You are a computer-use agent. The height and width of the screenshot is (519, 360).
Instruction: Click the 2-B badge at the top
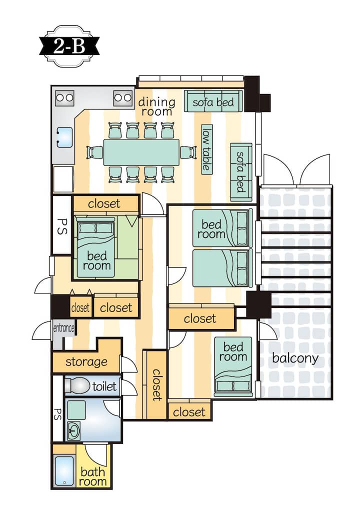tap(69, 46)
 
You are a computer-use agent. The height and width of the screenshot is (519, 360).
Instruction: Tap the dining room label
tap(156, 106)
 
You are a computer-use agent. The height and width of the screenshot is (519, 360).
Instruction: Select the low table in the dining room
tap(207, 149)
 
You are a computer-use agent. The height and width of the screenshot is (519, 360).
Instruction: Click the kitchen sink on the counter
tap(64, 137)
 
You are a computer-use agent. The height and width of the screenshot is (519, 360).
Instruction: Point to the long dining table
tap(141, 152)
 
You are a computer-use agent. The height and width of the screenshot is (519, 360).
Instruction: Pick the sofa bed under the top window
tap(213, 101)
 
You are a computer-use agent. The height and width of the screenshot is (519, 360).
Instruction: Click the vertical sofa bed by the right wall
tap(241, 172)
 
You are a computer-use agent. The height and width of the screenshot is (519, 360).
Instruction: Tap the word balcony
tap(295, 358)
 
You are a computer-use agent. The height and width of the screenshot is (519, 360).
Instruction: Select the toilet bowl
tap(77, 385)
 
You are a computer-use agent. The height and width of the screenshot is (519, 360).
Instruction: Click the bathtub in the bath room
tap(64, 471)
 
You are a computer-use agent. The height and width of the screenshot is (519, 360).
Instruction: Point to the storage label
tap(86, 362)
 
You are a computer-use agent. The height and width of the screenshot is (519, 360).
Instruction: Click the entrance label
tap(64, 328)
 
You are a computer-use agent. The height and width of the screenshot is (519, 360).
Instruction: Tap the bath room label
tap(93, 476)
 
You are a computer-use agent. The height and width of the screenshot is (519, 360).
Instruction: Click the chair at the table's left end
tap(94, 152)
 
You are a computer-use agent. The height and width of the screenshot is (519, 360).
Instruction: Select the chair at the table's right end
tap(188, 152)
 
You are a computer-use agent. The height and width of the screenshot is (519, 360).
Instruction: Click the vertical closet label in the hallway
tap(157, 385)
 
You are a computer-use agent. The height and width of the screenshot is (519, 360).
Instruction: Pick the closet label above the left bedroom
tap(104, 203)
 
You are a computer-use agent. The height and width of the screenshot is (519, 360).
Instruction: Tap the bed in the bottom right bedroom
tap(233, 366)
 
